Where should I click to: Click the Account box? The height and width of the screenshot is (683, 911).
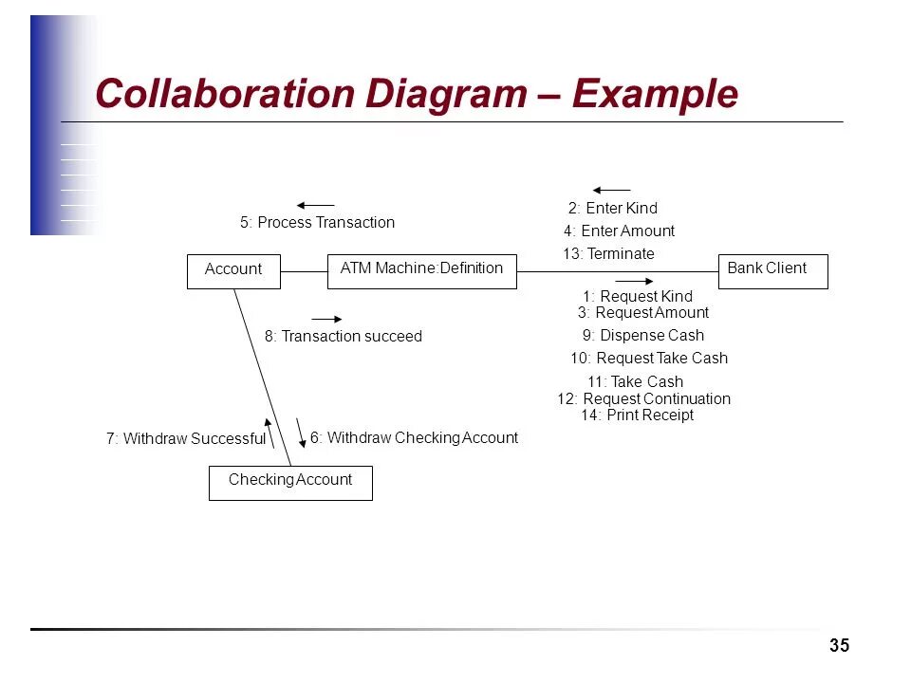tap(233, 271)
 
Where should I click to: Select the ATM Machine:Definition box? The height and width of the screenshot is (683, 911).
tap(421, 270)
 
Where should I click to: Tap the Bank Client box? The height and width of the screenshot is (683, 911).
tap(772, 271)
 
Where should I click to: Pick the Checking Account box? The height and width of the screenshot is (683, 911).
tap(290, 482)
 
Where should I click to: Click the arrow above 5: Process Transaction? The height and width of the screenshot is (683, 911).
tap(315, 205)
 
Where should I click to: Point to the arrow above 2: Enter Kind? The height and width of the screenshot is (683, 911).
tap(611, 191)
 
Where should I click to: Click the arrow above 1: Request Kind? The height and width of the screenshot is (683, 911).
tap(635, 281)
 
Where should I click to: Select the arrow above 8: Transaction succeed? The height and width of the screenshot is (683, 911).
tap(326, 319)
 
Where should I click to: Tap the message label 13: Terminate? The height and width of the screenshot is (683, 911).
tap(608, 254)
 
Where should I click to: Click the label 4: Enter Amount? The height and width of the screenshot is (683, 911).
tap(619, 231)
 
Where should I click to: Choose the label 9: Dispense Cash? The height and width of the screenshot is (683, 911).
tap(643, 335)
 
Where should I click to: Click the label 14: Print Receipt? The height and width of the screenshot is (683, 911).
tap(637, 415)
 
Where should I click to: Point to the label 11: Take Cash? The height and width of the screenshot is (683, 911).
tap(635, 382)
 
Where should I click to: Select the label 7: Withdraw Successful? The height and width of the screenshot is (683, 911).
tap(186, 439)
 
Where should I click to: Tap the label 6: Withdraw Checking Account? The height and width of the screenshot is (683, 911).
tap(414, 438)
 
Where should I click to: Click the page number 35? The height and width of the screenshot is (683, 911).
tap(839, 646)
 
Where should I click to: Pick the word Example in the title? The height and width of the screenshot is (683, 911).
tap(654, 95)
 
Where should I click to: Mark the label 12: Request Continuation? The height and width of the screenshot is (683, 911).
tap(643, 399)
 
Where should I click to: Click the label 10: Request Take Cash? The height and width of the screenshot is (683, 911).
tap(649, 359)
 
